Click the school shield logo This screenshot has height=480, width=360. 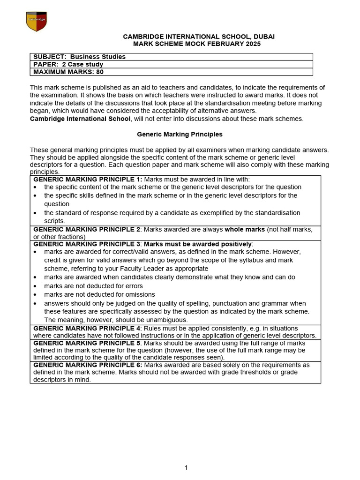[36, 22]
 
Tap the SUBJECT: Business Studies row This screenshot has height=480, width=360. [79, 57]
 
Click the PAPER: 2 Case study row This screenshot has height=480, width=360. [68, 64]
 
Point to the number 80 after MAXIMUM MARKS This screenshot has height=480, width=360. [100, 72]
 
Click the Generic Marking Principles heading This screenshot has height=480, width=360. [180, 134]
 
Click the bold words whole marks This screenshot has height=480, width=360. [244, 229]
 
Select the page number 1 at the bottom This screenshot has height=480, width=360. [186, 467]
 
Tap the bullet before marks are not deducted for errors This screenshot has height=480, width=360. [36, 286]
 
